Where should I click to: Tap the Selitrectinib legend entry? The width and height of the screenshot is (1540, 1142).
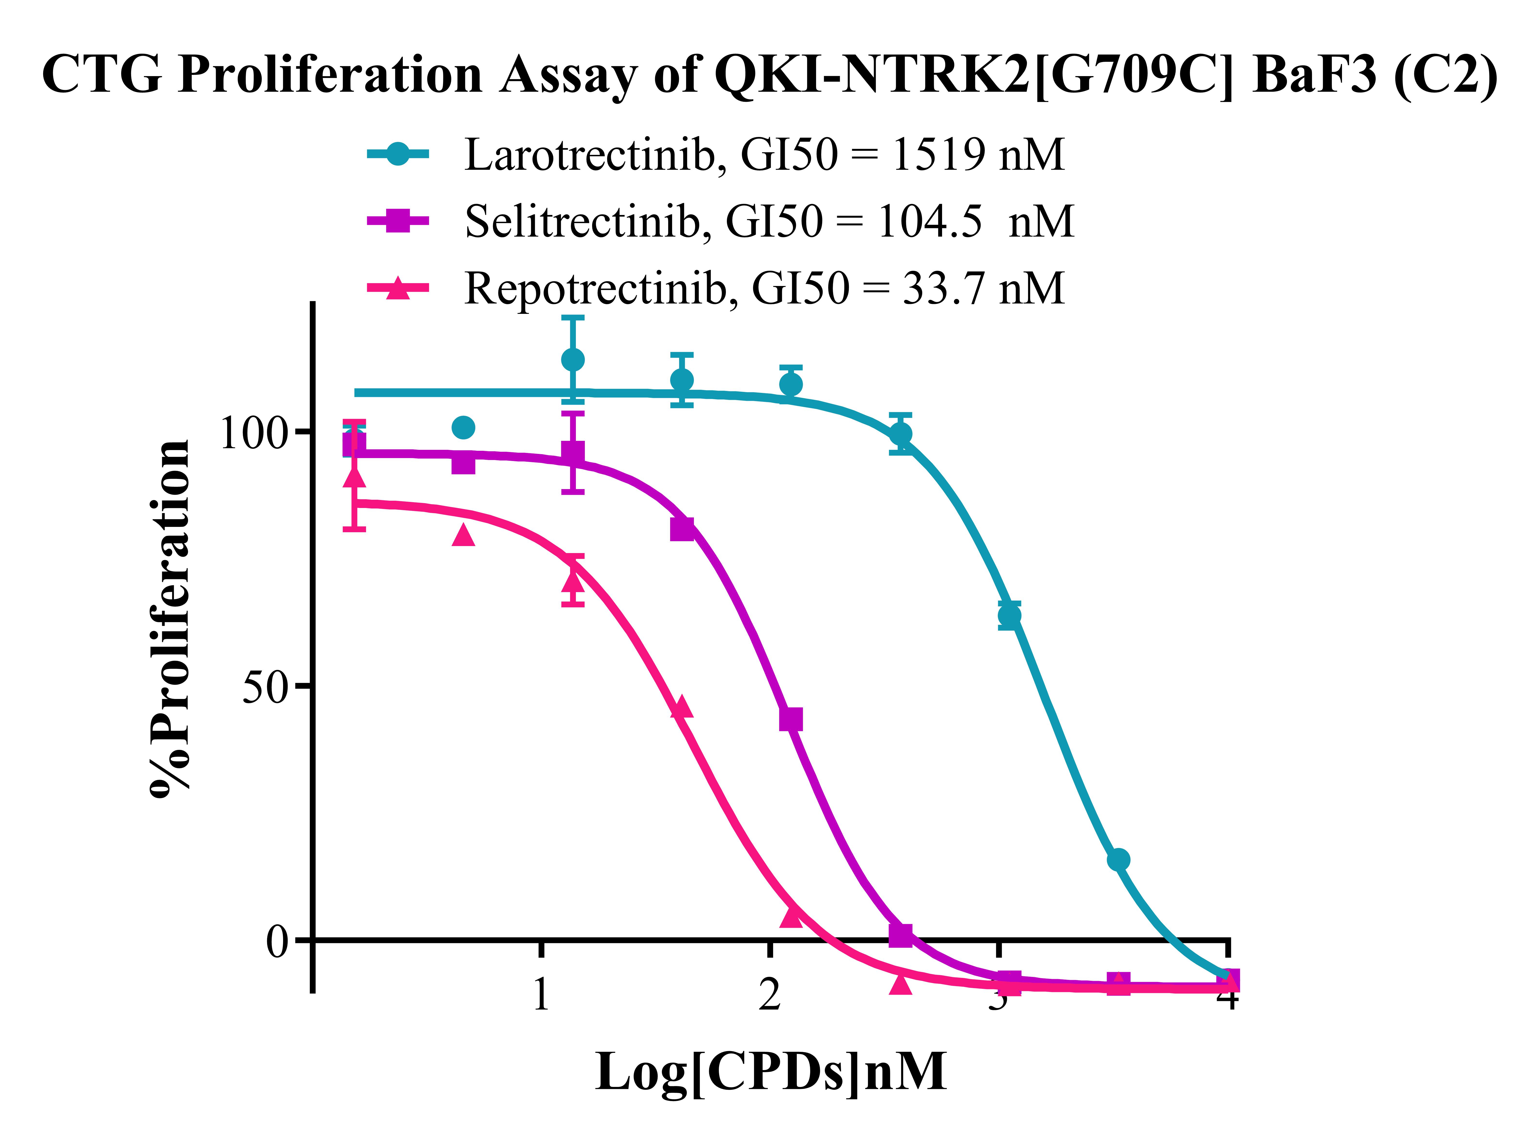pos(769,221)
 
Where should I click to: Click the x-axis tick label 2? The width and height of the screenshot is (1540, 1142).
pos(769,995)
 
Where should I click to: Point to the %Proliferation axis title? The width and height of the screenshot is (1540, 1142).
pos(169,619)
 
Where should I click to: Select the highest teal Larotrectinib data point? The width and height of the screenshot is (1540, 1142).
pos(572,359)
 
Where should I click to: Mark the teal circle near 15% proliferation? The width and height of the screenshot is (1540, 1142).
pos(1118,860)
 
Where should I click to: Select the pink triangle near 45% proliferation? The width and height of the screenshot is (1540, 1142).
pos(682,707)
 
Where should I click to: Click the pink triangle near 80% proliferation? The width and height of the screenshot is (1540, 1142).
pos(463,534)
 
